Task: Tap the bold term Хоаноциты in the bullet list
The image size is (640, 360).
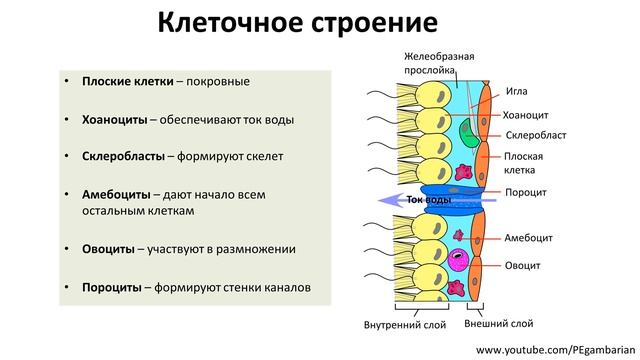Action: point(115,119)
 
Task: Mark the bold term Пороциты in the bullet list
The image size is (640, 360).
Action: point(112,288)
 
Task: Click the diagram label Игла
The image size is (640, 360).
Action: point(518,90)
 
